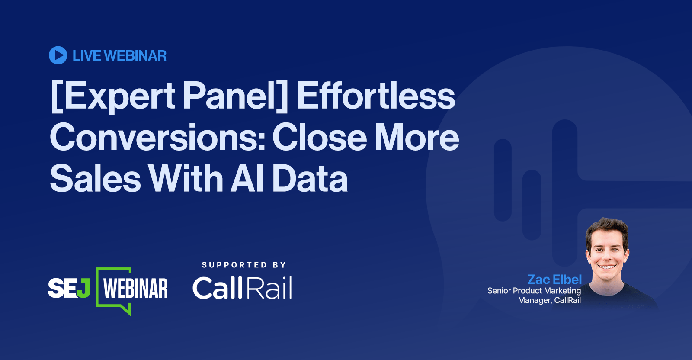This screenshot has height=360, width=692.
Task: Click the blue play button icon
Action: (x=58, y=55)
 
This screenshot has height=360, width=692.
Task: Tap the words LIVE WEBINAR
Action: (x=119, y=56)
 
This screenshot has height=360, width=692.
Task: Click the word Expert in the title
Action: (x=115, y=96)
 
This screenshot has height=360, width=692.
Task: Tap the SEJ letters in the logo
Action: (x=69, y=288)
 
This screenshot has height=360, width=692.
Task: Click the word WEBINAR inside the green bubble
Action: (x=136, y=288)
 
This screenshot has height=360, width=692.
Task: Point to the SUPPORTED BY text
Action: (x=244, y=265)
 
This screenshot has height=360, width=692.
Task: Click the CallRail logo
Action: (x=242, y=288)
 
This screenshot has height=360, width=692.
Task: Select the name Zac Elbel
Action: (x=554, y=280)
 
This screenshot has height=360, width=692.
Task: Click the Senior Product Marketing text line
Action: (x=534, y=291)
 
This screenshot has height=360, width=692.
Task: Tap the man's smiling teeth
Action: (x=607, y=267)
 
